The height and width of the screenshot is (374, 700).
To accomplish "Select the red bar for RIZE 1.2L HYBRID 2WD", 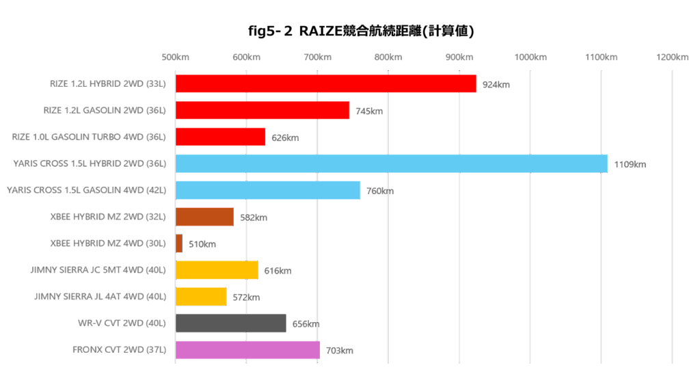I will click(325, 83).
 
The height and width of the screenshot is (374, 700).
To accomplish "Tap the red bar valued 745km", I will click(262, 110).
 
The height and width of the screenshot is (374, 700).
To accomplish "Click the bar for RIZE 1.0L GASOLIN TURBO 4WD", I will click(220, 137).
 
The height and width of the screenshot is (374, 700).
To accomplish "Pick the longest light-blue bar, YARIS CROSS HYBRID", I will click(391, 163).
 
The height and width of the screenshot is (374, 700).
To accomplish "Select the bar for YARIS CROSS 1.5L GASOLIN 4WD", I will click(267, 190).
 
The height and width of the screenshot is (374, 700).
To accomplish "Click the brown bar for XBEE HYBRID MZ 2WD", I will click(204, 217).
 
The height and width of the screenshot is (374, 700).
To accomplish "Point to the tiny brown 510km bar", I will click(179, 243).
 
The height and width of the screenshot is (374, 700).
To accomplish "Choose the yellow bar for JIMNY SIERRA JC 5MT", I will click(216, 270).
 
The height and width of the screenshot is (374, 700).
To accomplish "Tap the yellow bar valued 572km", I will click(201, 297).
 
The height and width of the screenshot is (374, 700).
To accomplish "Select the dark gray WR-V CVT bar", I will click(230, 323).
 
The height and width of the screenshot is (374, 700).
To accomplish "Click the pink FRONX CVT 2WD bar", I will click(247, 350).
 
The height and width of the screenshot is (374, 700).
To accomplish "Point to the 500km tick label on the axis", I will click(176, 57).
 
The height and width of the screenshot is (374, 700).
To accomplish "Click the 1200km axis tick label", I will click(672, 57).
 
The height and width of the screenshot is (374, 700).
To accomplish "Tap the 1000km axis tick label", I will click(530, 57).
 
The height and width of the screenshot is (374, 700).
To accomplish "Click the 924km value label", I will click(496, 85).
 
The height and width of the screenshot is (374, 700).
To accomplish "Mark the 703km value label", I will click(340, 351).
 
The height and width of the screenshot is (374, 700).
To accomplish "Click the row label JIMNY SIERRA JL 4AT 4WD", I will click(99, 297).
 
